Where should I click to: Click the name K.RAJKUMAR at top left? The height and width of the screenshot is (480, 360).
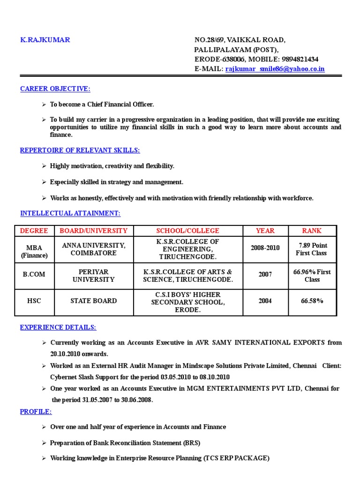pos(45,40)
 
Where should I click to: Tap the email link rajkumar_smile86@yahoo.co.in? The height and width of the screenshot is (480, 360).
pos(275,69)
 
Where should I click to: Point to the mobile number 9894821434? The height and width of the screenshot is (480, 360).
pos(300,60)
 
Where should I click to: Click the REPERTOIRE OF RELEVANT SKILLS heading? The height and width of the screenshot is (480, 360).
pos(80,150)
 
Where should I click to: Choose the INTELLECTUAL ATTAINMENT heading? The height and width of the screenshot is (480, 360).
pos(70,213)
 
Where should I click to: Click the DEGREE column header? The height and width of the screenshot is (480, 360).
pos(34,231)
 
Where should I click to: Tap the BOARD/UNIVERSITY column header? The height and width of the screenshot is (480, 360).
pos(93,231)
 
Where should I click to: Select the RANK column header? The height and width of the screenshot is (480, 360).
pos(311,231)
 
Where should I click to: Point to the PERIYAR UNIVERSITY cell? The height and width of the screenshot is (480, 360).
pos(93,276)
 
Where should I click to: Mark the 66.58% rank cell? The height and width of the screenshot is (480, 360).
pos(312,301)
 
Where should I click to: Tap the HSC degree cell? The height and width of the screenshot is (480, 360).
pos(34,301)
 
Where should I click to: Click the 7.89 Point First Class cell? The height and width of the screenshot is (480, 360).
pos(312,249)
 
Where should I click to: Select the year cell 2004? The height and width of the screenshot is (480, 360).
pos(265,301)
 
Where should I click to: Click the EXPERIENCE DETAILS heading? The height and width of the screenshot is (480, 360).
pos(58,327)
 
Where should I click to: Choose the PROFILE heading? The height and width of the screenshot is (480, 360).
pos(36,412)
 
